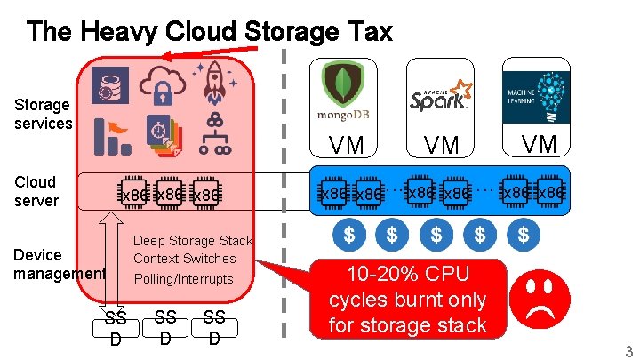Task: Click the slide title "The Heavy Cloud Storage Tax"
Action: point(209,33)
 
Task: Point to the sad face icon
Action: point(545,300)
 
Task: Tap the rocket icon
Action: point(214,81)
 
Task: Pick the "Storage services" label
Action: point(43,115)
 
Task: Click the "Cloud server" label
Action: point(36,191)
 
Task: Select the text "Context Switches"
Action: point(185,259)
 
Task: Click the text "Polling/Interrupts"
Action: point(183,279)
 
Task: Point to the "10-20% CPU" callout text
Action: point(407,275)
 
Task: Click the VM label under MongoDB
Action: point(344,145)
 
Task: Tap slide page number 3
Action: point(628,351)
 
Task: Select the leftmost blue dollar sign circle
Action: point(348,235)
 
